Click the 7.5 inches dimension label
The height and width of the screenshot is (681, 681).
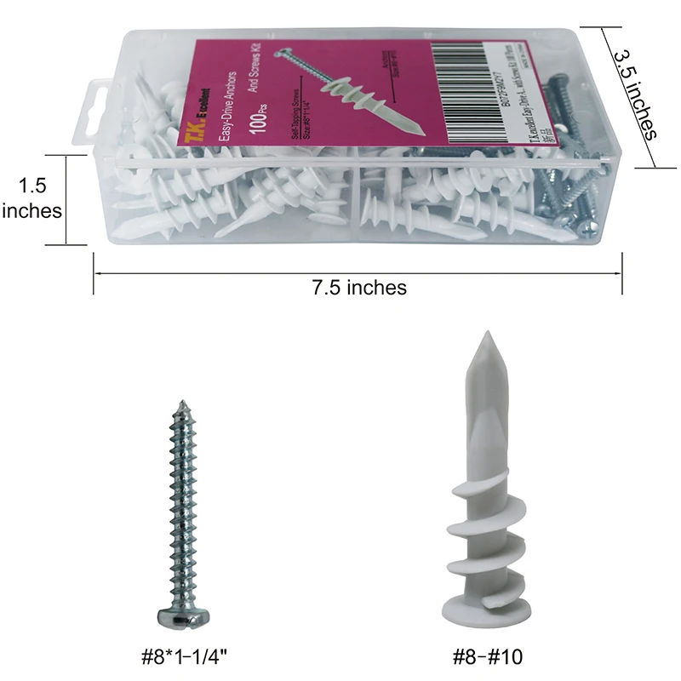[358, 287]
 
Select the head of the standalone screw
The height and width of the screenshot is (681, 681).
[180, 618]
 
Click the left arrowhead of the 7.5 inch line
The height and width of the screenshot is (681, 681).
[97, 273]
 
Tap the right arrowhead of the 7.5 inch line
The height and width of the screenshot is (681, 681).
[620, 273]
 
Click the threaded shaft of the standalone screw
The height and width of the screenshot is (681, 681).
[180, 511]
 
